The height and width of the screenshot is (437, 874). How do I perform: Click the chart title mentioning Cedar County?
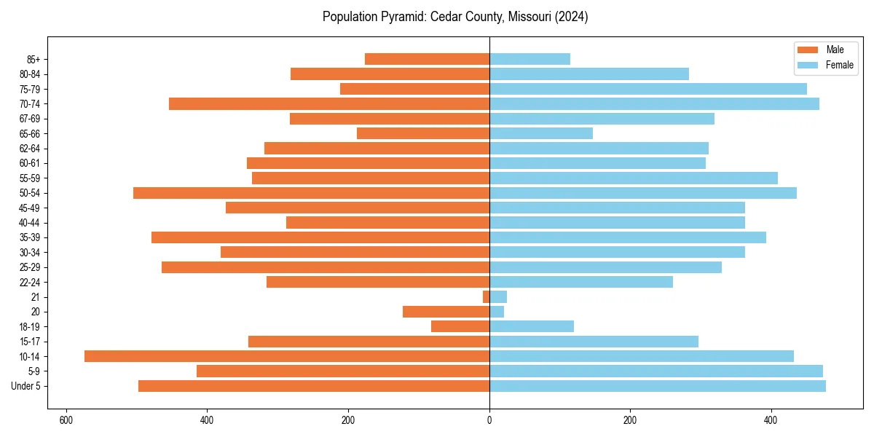click(455, 17)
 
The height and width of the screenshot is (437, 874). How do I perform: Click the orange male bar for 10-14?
click(287, 356)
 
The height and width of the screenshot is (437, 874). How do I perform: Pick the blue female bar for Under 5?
click(658, 386)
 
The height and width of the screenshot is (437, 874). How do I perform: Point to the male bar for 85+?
click(427, 59)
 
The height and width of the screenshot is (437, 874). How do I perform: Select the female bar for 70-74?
click(654, 103)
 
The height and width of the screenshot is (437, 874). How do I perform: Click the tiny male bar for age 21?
click(486, 296)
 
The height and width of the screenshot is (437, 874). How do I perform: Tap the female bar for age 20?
click(497, 312)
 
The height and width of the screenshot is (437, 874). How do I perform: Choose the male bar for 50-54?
click(311, 193)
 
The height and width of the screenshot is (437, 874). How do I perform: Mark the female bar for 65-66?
click(541, 133)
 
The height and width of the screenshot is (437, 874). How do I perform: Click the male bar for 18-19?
click(460, 326)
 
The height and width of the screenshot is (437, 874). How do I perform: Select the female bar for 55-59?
click(634, 178)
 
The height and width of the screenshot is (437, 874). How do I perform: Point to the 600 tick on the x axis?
click(66, 420)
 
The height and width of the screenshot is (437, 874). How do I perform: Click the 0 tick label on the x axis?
click(489, 420)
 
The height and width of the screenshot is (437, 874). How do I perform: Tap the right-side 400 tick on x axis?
click(771, 420)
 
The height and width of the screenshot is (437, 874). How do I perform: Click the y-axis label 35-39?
click(30, 237)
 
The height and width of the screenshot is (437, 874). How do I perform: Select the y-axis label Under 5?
click(25, 386)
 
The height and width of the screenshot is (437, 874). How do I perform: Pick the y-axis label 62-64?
click(30, 149)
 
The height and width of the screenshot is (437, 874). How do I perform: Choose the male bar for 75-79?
click(414, 89)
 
